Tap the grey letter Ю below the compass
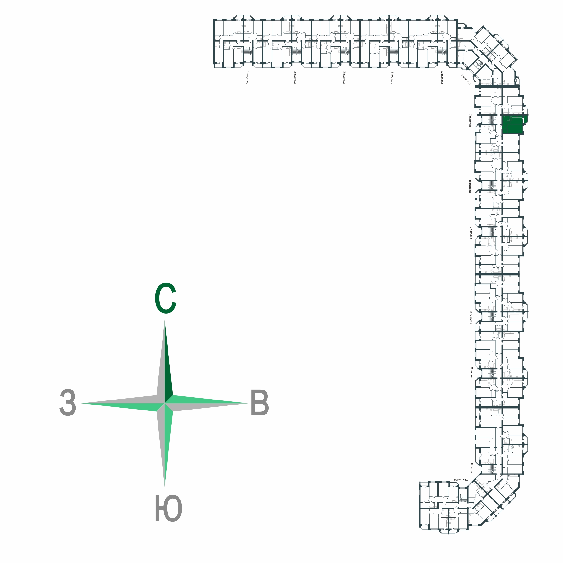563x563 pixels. [x=168, y=509]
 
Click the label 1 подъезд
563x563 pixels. [x=247, y=77]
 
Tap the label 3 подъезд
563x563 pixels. [x=344, y=77]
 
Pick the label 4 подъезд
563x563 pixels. [x=392, y=77]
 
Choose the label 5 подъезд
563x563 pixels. [x=442, y=77]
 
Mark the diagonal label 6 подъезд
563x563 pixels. [x=466, y=79]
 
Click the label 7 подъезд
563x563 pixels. [x=470, y=120]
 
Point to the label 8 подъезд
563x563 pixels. [x=470, y=186]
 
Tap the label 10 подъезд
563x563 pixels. [x=470, y=317]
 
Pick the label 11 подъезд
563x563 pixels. [x=471, y=374]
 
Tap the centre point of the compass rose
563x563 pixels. [x=165, y=403]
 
